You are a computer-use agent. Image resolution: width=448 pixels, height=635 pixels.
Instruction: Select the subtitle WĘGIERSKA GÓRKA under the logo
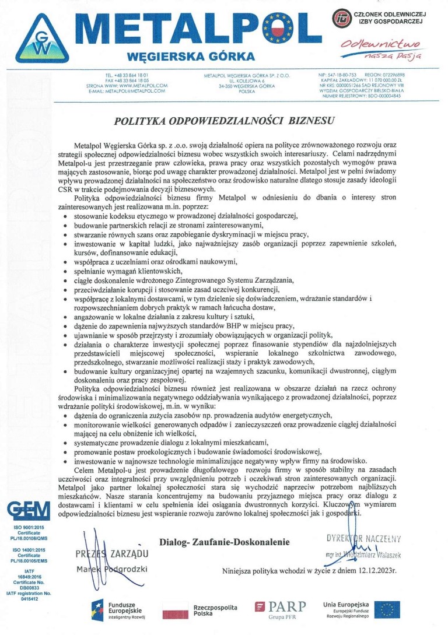click(x=191, y=57)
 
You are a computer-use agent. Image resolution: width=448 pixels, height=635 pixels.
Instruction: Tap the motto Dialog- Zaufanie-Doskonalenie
click(x=224, y=542)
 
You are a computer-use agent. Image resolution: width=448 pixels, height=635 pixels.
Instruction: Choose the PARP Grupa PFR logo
click(x=279, y=609)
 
